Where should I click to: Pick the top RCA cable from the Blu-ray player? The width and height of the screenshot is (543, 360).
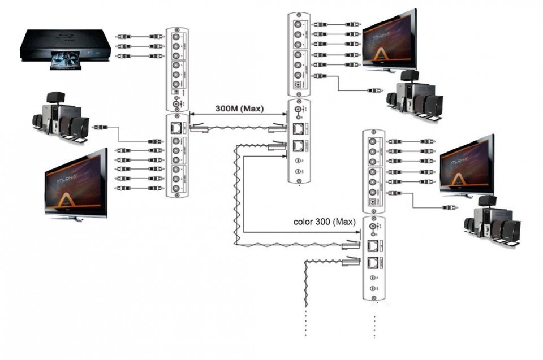tap(139, 36)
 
